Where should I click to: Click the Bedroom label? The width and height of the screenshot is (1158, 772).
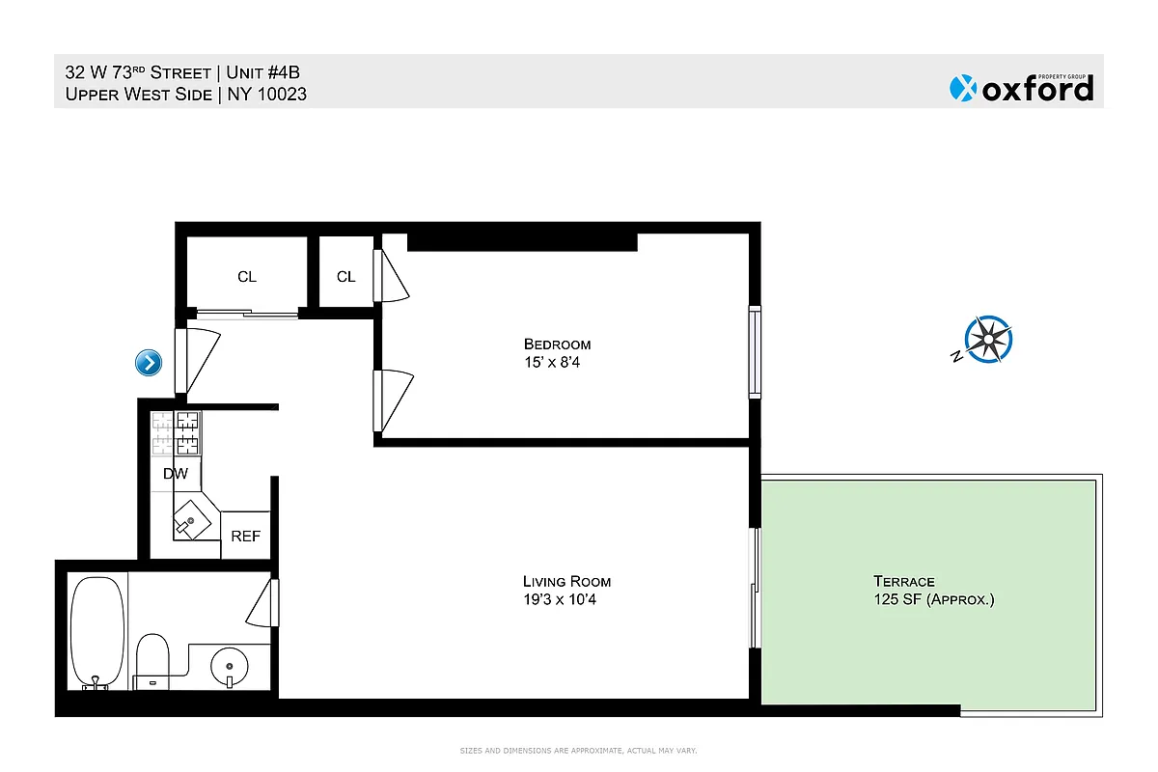click(x=557, y=345)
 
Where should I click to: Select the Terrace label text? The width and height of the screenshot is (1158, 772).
click(x=903, y=581)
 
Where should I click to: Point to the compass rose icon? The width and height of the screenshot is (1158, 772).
click(x=989, y=340)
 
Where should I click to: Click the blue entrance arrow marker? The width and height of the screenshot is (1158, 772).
click(x=149, y=363)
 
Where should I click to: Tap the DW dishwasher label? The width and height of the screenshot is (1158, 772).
click(x=175, y=474)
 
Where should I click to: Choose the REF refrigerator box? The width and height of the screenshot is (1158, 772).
click(x=245, y=536)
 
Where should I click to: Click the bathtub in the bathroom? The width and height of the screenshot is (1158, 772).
click(x=97, y=632)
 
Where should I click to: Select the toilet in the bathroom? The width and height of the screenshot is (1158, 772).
click(x=152, y=661)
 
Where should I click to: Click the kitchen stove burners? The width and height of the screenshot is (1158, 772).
click(x=175, y=433)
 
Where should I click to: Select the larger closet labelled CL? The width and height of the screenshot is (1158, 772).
click(x=247, y=276)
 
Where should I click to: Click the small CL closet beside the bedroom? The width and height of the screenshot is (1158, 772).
click(x=345, y=276)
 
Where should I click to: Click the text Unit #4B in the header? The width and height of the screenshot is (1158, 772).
click(x=268, y=71)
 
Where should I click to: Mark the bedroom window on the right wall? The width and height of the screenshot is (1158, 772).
click(x=755, y=352)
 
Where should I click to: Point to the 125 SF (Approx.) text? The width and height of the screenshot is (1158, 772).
click(x=933, y=599)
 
